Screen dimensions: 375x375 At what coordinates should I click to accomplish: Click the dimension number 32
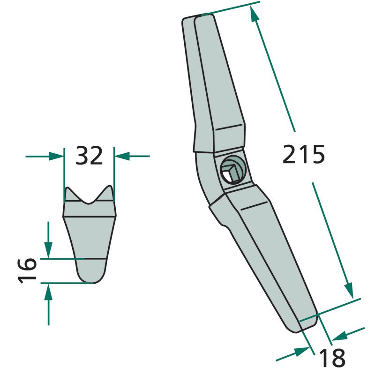click(89, 156)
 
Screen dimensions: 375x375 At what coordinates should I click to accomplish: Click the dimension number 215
click(303, 154)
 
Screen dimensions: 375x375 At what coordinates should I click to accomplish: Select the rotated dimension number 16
click(27, 270)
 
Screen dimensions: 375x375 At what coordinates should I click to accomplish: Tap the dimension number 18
click(332, 358)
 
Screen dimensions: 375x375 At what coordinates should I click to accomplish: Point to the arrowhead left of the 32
click(56, 156)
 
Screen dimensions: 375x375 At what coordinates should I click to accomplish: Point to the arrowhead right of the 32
click(122, 156)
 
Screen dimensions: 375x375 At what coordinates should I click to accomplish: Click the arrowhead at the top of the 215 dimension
click(254, 15)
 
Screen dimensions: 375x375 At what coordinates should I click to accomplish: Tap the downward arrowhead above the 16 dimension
click(48, 250)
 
